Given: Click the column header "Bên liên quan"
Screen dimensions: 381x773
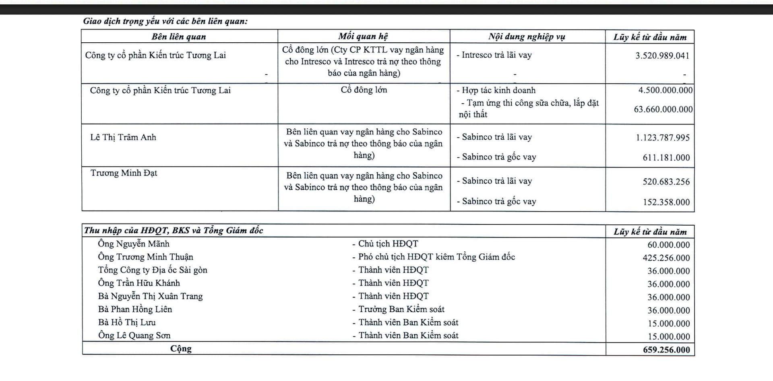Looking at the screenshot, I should pos(179,37).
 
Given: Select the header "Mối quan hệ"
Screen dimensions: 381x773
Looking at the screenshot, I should pos(363,36).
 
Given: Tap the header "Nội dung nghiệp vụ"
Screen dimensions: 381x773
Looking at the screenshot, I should pos(527,37).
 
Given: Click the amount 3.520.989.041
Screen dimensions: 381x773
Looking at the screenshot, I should pos(662,56).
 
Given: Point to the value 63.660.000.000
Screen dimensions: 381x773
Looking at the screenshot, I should pos(663,109).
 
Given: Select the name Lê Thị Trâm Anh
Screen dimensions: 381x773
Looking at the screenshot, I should pos(123,137).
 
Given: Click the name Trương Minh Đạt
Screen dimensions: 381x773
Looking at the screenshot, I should pos(124,173).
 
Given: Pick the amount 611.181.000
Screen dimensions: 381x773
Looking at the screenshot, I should pos(666,157).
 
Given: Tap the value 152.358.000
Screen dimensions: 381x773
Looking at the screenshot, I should pos(666,202).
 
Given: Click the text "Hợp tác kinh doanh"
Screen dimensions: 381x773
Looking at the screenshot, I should pos(498,90).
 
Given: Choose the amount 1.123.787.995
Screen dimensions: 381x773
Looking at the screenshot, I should pos(663,138).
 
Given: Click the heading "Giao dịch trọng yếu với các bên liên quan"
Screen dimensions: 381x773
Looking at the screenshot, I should pos(165,21).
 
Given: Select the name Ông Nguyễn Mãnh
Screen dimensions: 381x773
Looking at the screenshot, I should pos(134,244).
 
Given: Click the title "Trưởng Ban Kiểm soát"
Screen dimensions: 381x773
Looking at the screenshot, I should pos(401,309).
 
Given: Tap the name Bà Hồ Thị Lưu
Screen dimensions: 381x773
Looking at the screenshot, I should pos(127,322).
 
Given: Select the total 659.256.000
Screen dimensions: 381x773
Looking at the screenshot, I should pos(666,350).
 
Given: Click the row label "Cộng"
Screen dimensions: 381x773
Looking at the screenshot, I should pos(181,348).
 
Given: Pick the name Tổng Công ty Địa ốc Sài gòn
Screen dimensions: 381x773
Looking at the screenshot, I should pos(153,270).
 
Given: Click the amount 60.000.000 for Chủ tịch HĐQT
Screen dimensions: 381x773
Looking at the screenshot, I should pos(668,244).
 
